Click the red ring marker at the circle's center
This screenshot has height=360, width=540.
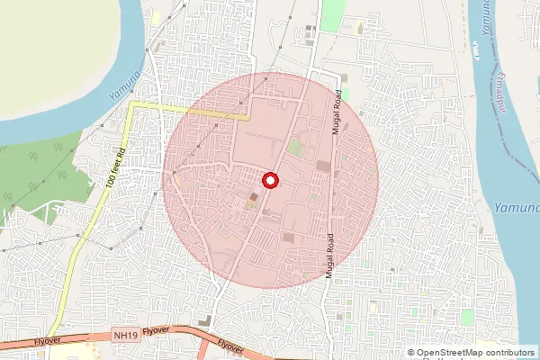[269, 180]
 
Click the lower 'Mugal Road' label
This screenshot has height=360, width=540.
[329, 256]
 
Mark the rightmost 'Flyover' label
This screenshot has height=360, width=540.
[231, 346]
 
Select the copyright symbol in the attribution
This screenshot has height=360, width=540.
[411, 353]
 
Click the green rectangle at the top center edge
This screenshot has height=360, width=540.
[334, 13]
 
